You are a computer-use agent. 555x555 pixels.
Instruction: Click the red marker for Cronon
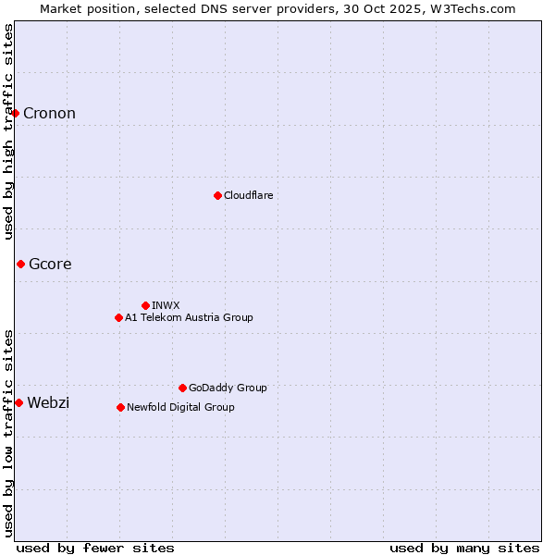(16, 113)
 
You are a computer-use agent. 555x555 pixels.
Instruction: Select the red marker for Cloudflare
(217, 195)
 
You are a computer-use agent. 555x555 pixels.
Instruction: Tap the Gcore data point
(20, 264)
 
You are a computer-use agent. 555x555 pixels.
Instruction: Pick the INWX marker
(145, 305)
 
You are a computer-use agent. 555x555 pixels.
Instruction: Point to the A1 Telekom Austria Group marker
(118, 317)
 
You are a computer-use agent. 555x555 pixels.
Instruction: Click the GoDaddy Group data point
(182, 388)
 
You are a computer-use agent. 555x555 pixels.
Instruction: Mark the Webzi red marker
(18, 402)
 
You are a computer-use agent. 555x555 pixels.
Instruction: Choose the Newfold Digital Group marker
(120, 407)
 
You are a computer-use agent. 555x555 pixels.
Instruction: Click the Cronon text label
(49, 113)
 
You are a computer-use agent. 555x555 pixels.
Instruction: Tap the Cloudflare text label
(248, 195)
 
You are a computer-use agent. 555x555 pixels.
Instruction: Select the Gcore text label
(50, 264)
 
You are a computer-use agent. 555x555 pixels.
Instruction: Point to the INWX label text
(166, 305)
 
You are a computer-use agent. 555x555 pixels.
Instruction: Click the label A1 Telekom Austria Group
(189, 317)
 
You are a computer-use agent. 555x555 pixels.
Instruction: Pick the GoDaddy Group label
(228, 388)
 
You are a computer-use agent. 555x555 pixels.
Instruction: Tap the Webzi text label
(48, 402)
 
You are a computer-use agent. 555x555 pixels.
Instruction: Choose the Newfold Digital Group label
(180, 407)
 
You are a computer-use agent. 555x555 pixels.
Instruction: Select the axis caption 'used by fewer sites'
(95, 548)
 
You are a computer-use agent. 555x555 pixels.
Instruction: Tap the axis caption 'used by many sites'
(464, 548)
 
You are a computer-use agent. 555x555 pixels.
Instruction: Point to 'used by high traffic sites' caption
(8, 131)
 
